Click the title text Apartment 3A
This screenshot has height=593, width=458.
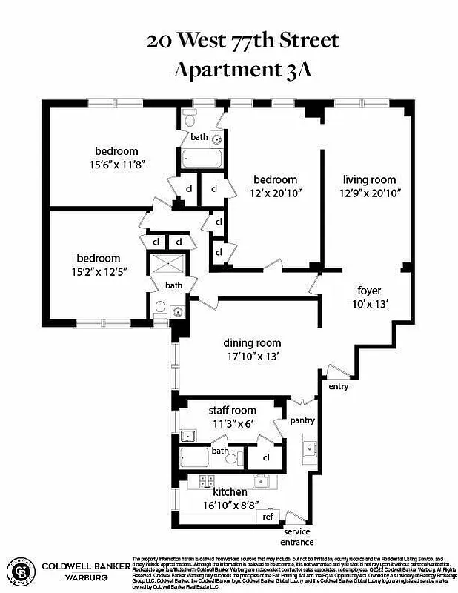[229, 70]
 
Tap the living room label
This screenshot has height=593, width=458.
[369, 179]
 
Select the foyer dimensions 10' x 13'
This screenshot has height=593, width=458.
[369, 303]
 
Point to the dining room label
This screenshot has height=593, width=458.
[253, 342]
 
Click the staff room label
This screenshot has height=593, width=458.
[233, 410]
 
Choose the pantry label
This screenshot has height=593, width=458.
[303, 420]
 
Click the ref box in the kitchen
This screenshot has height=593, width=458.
[268, 516]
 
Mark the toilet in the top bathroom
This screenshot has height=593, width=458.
[190, 119]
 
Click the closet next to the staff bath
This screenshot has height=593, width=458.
[265, 457]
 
